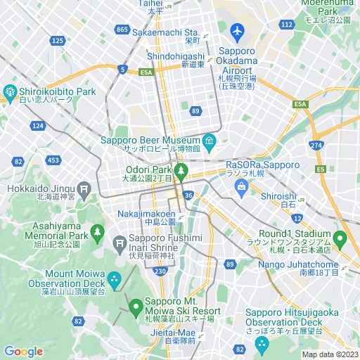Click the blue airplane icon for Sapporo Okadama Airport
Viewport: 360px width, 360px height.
pos(237,32)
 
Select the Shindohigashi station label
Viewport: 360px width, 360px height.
pos(176,56)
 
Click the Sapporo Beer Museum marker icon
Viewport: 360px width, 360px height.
pos(209,139)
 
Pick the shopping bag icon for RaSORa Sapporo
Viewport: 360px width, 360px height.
pos(242,187)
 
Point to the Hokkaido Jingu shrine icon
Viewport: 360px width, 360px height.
pos(84,188)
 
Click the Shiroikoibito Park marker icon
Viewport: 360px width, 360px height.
pos(10,92)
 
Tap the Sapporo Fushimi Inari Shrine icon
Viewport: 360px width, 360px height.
pos(119,243)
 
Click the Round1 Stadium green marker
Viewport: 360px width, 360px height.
pos(340,240)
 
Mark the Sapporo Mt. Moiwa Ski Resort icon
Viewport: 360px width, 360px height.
pos(136,307)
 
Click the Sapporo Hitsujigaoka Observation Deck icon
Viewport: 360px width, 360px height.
pos(261,344)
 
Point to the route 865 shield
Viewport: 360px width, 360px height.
pos(122,29)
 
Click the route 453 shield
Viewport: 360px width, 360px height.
pos(53,160)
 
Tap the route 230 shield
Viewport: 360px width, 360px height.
pos(160,271)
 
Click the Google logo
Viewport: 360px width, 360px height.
pos(23,352)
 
